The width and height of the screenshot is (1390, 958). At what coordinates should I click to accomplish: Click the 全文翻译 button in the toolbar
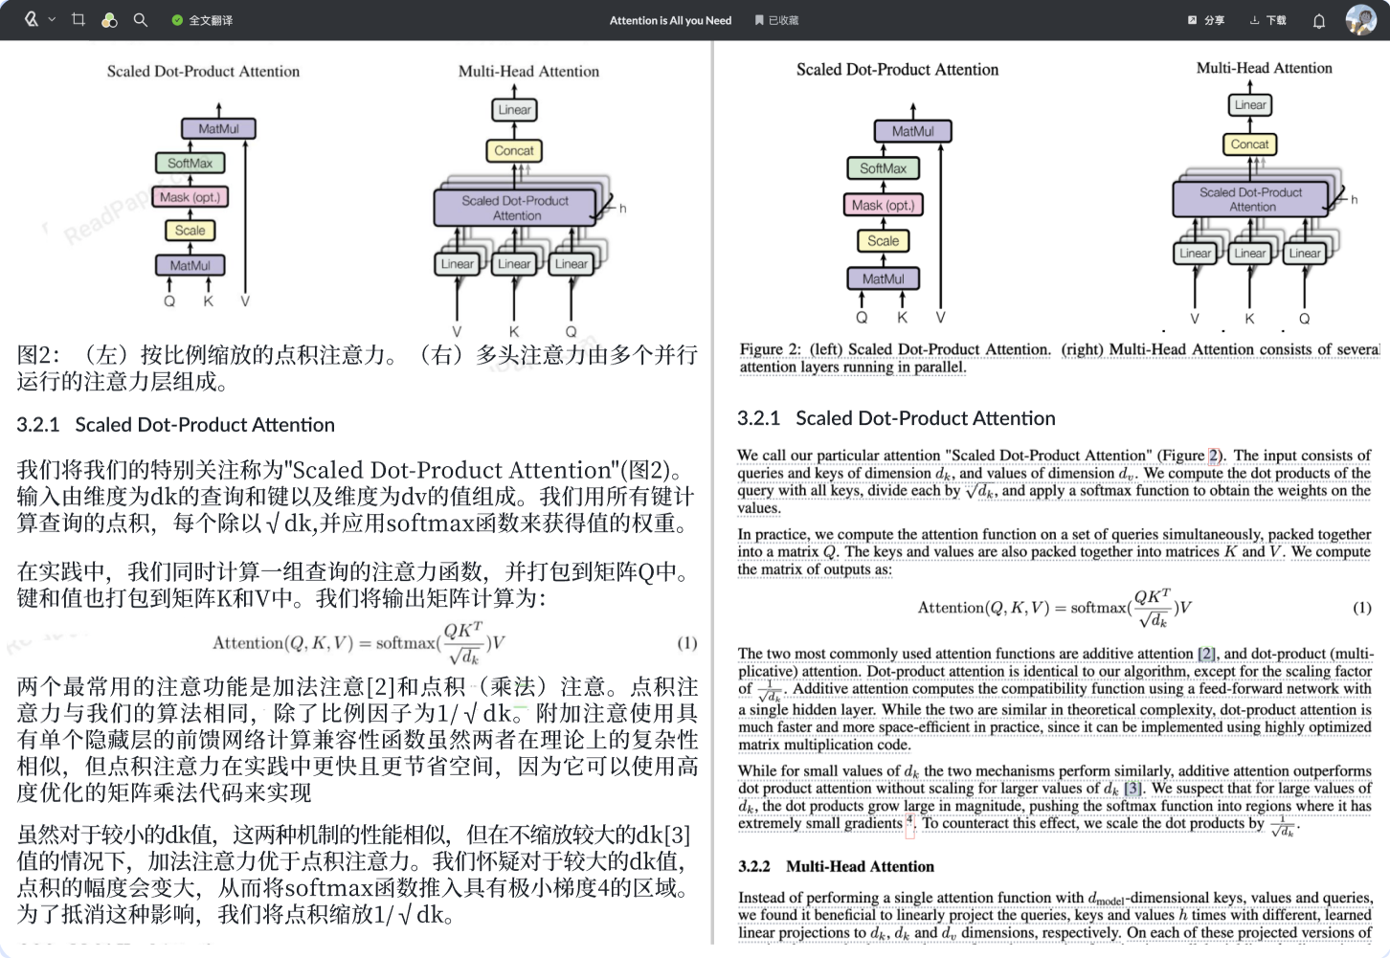click(x=202, y=20)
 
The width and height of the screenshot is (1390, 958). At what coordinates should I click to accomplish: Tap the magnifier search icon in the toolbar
click(x=141, y=19)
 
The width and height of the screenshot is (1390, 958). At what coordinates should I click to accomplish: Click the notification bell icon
click(x=1318, y=21)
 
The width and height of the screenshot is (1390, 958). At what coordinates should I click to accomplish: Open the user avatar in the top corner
click(x=1360, y=19)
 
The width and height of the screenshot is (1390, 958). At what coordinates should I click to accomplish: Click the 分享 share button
click(x=1206, y=20)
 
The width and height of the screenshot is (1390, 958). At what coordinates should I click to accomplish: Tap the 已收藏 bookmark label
click(x=776, y=20)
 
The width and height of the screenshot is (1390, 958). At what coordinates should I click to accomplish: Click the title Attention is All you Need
click(x=670, y=20)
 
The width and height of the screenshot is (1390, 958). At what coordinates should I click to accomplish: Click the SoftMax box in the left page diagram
click(x=191, y=164)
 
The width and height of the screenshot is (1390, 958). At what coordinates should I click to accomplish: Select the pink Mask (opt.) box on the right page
click(x=883, y=205)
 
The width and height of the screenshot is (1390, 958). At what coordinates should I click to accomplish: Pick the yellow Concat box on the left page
click(x=514, y=150)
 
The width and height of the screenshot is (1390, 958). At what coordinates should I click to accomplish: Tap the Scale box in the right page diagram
click(x=883, y=241)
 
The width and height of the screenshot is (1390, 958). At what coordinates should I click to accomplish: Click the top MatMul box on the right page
click(x=912, y=131)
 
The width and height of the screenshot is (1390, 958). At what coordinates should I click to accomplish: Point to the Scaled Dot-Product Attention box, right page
click(x=1250, y=199)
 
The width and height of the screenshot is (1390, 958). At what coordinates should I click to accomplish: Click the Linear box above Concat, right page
click(x=1250, y=104)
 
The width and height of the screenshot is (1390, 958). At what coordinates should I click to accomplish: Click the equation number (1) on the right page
click(x=1361, y=608)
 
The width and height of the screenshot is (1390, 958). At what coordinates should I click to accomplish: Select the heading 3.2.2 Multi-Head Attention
click(x=836, y=866)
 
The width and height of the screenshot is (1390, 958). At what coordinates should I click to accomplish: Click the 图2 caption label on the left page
click(x=38, y=355)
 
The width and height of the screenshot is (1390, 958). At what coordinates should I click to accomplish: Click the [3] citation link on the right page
click(x=1132, y=789)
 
